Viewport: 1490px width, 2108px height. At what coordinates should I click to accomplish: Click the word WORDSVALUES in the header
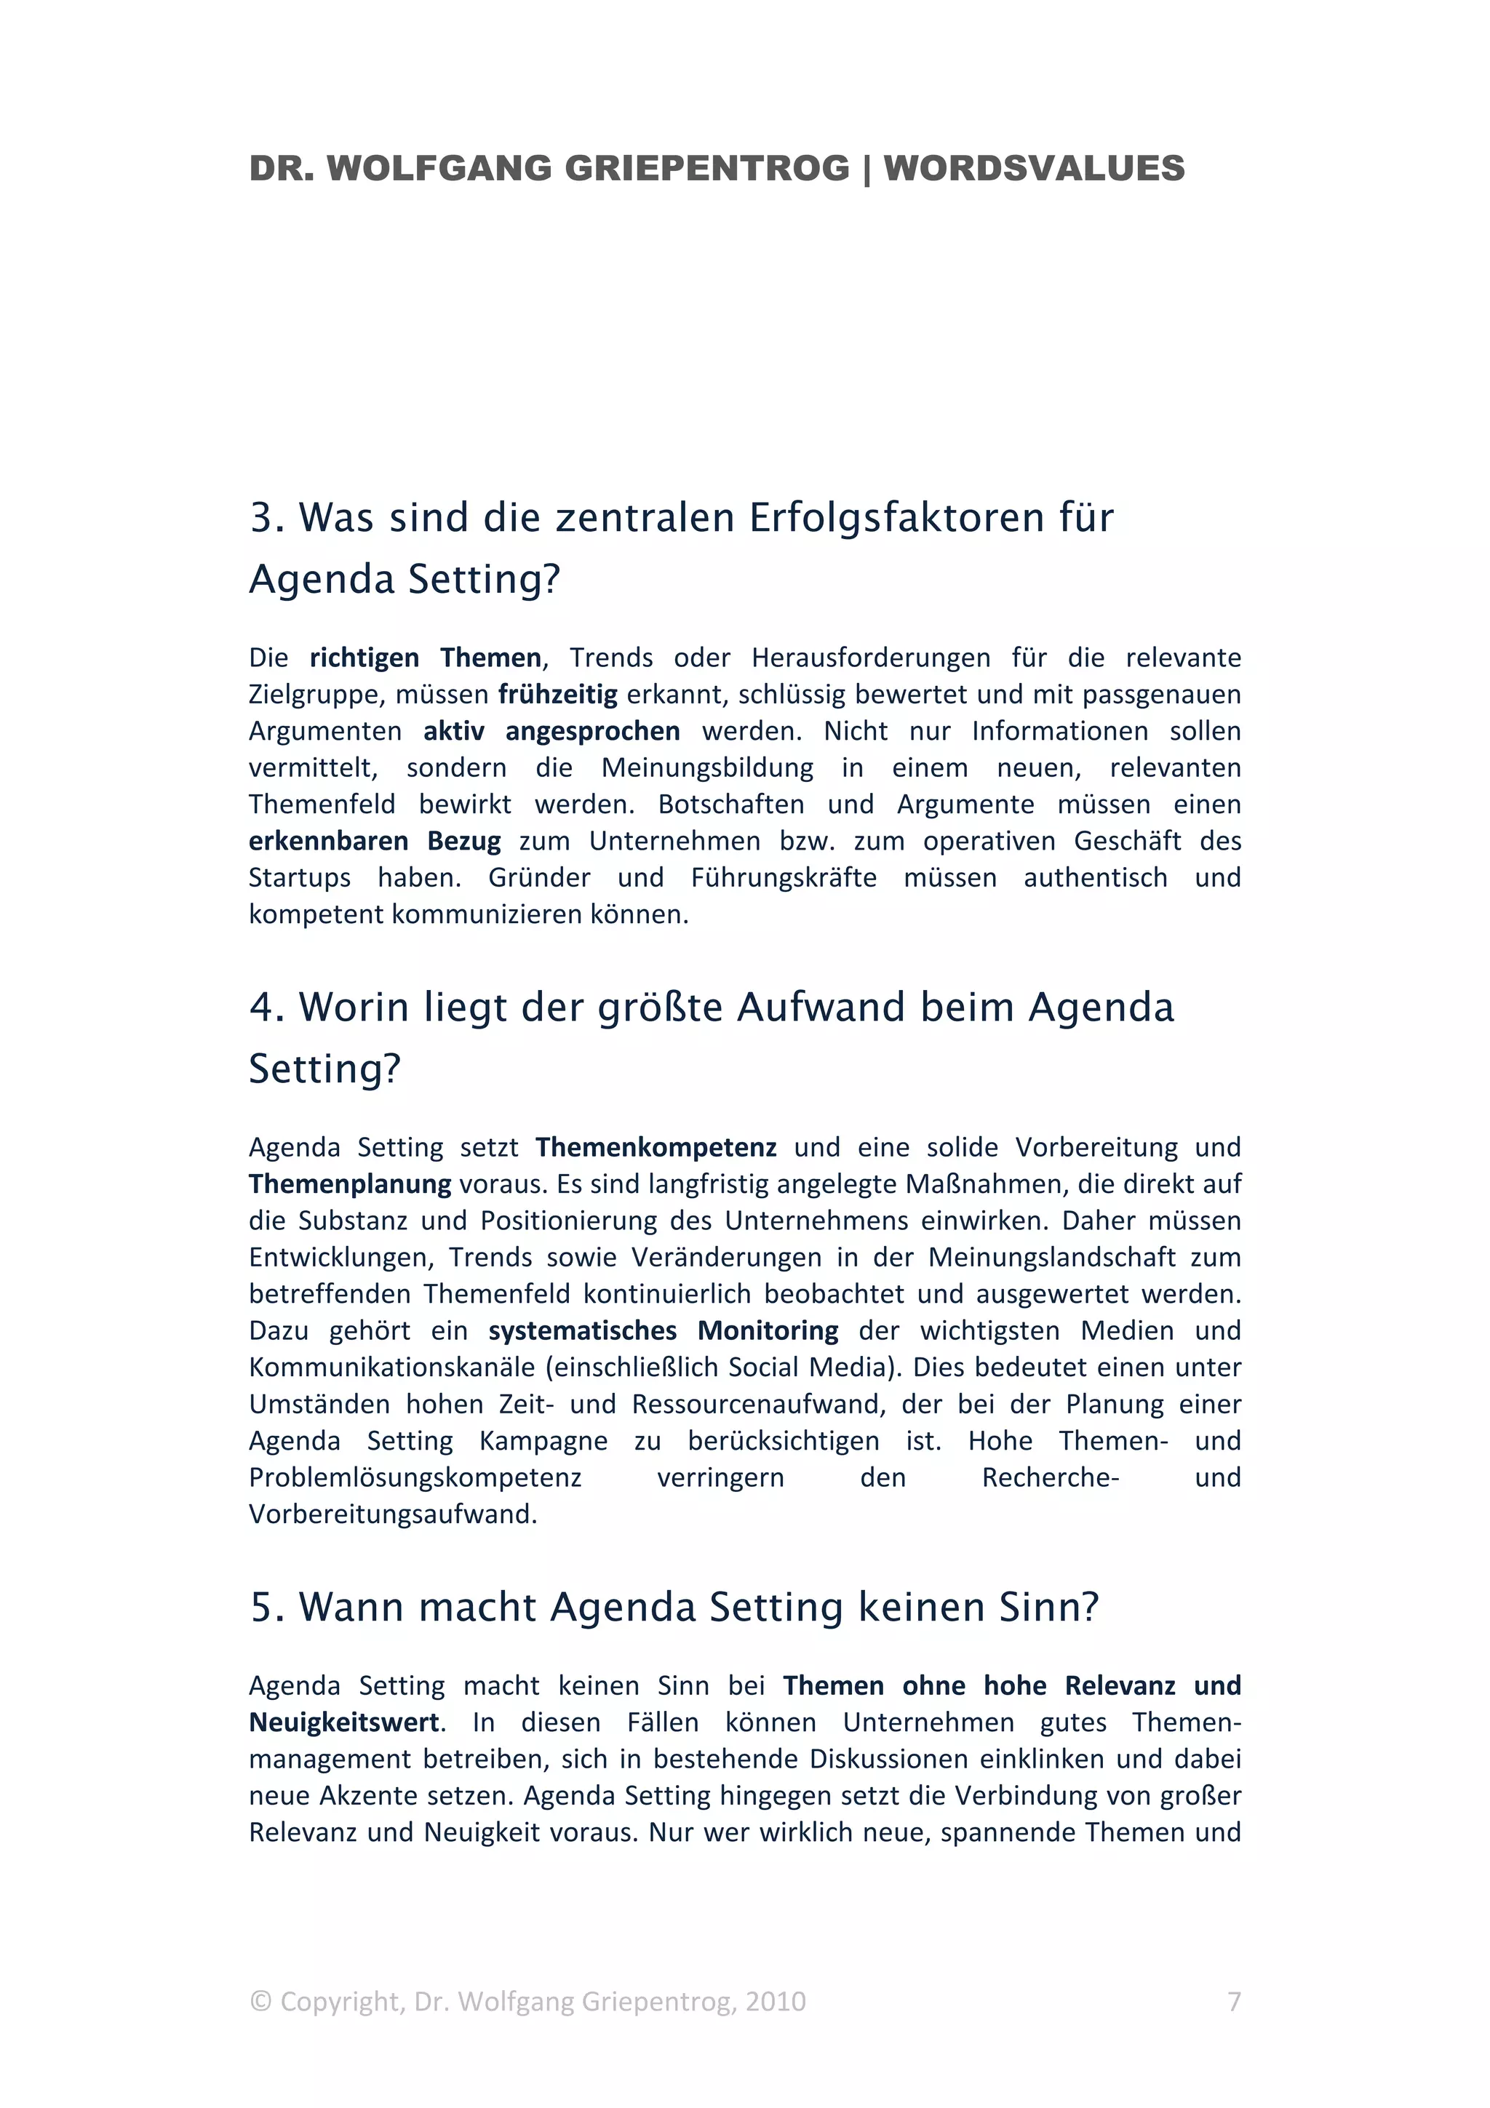point(1034,169)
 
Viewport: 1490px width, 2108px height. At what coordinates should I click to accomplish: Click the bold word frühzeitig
point(557,694)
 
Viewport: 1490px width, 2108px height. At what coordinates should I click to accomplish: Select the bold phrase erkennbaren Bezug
point(375,841)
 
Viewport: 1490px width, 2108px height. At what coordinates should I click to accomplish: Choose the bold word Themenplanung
point(350,1183)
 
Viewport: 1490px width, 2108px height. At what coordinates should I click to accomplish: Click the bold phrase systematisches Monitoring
point(663,1330)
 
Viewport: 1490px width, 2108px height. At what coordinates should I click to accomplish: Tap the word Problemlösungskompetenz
point(415,1477)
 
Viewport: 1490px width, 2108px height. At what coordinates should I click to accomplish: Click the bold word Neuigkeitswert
point(343,1722)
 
